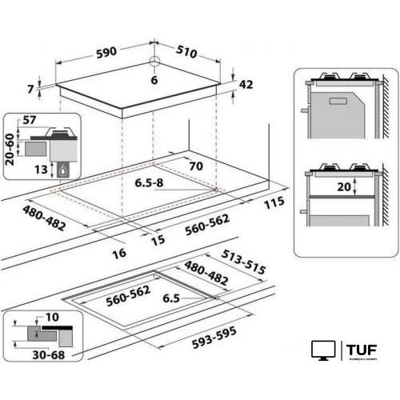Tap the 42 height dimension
point(246,85)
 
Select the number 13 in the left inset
point(41,169)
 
